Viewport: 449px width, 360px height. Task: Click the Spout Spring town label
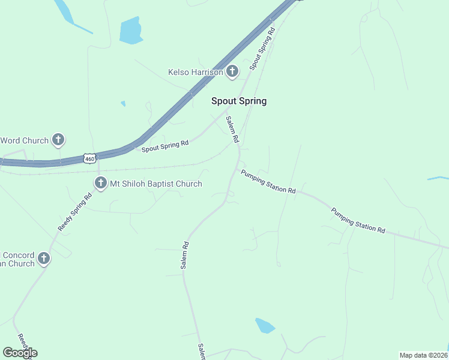pyautogui.click(x=238, y=101)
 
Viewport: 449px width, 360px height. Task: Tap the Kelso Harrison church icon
pyautogui.click(x=232, y=73)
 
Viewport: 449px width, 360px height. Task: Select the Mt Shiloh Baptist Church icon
pyautogui.click(x=100, y=184)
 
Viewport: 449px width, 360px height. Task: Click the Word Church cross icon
pyautogui.click(x=58, y=140)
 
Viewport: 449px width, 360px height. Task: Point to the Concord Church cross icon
pyautogui.click(x=43, y=259)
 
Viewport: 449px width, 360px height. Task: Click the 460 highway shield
pyautogui.click(x=89, y=158)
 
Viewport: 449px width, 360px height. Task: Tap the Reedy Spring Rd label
pyautogui.click(x=74, y=212)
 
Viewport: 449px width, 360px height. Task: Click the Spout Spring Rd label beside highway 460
pyautogui.click(x=165, y=146)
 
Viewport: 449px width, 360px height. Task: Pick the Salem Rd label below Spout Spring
pyautogui.click(x=232, y=129)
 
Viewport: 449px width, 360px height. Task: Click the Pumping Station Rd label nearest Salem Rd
pyautogui.click(x=268, y=182)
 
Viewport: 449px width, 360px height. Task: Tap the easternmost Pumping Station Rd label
pyautogui.click(x=358, y=220)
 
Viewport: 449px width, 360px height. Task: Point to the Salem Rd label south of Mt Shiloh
pyautogui.click(x=185, y=254)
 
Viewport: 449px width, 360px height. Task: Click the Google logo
pyautogui.click(x=20, y=353)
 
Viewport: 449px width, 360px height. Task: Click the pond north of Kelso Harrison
pyautogui.click(x=130, y=31)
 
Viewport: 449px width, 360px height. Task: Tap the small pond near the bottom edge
pyautogui.click(x=264, y=326)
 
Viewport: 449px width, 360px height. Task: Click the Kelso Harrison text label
pyautogui.click(x=195, y=73)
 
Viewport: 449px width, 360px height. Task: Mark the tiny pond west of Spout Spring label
pyautogui.click(x=123, y=104)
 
